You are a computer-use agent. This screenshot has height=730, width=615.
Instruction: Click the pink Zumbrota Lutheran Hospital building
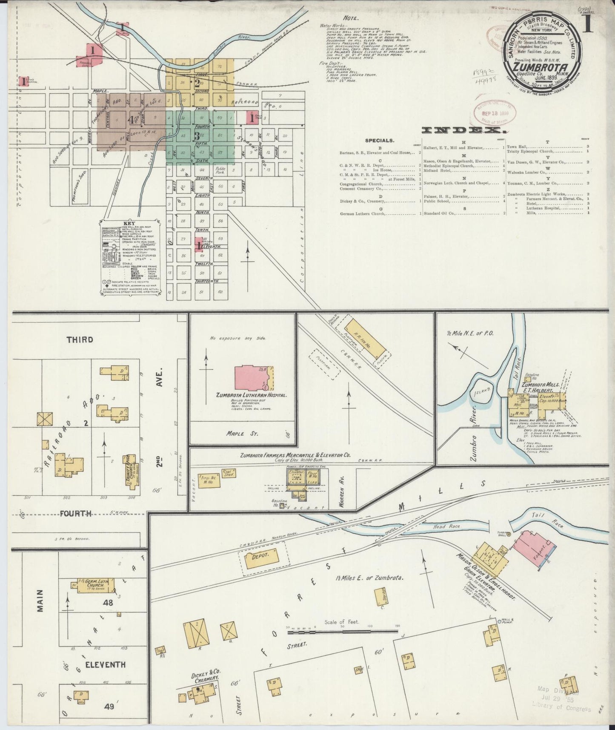(251, 377)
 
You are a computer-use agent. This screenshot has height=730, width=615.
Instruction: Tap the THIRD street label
(80, 339)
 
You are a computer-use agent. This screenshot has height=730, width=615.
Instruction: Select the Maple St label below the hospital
(242, 434)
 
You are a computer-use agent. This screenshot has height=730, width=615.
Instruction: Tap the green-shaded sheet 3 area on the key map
(200, 137)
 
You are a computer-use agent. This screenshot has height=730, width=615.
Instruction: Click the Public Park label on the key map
(220, 171)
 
